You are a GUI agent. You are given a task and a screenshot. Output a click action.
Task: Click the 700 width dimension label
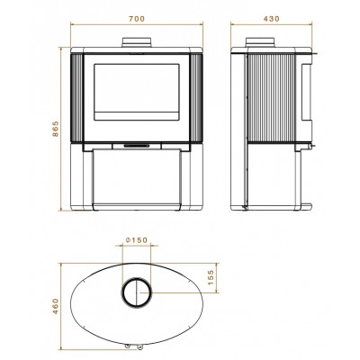click(137, 19)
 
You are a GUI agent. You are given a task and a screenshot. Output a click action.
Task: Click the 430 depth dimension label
click(272, 19)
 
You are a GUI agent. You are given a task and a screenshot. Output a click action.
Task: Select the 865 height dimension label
click(56, 129)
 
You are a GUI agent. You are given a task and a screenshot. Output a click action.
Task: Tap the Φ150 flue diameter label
click(137, 240)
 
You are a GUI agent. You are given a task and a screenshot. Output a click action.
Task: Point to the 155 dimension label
click(211, 277)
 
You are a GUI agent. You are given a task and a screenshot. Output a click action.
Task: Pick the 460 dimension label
click(56, 306)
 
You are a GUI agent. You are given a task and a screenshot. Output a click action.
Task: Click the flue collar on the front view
click(137, 42)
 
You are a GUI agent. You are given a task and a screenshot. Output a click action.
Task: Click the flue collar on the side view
click(260, 42)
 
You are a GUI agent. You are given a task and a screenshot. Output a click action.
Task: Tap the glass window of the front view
click(137, 92)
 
